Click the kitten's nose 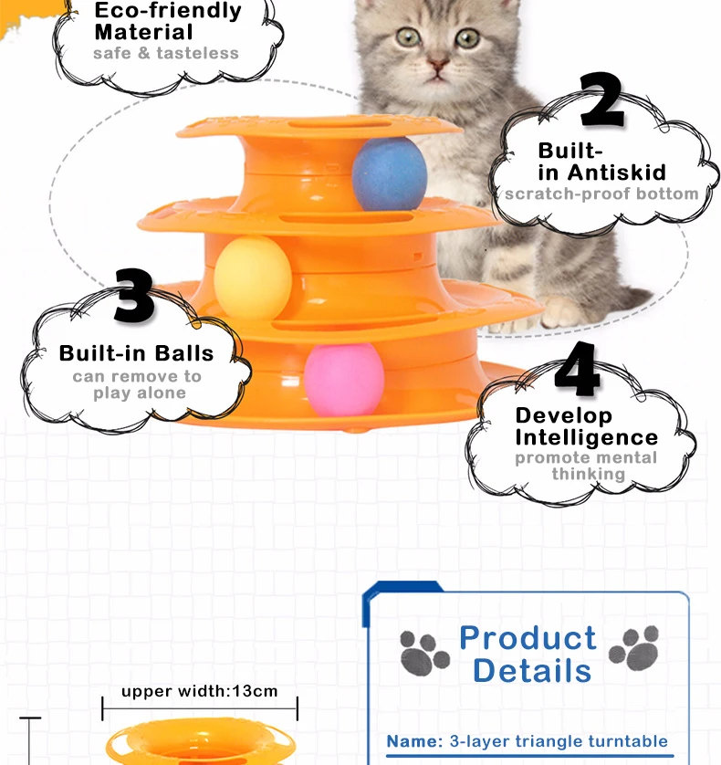click(437, 65)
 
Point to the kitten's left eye click(407, 37)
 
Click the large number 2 click(602, 101)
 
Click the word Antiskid click(617, 172)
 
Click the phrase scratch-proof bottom click(601, 194)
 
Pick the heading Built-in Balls click(136, 353)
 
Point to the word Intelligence click(587, 437)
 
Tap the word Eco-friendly click(169, 12)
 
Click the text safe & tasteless click(166, 53)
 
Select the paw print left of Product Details click(424, 652)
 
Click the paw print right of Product click(634, 648)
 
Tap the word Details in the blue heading click(532, 670)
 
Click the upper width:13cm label click(199, 691)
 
